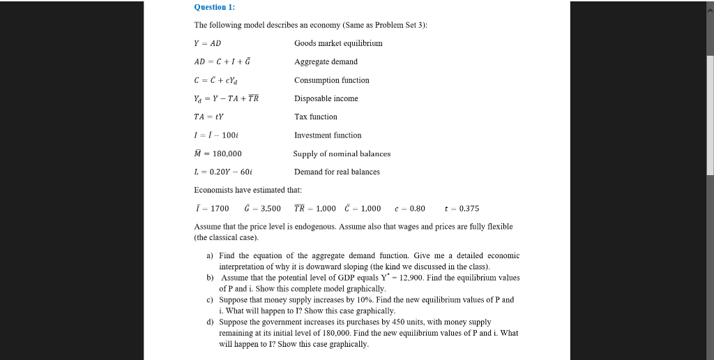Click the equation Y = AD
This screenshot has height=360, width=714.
tap(207, 43)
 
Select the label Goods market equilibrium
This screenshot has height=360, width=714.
tap(338, 43)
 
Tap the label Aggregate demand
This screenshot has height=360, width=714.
tap(326, 62)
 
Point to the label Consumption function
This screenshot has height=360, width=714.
tap(332, 80)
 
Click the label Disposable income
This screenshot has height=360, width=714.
tap(326, 98)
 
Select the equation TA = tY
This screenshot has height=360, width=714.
tap(208, 117)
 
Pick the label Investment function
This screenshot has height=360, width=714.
tap(328, 135)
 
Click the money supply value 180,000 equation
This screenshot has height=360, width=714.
tap(218, 153)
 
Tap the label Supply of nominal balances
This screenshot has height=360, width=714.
tap(342, 153)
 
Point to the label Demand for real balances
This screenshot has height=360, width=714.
tap(337, 172)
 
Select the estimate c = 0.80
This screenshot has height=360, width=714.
tap(409, 209)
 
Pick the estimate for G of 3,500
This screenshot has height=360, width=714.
tap(263, 209)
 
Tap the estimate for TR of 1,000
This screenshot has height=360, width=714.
tap(314, 209)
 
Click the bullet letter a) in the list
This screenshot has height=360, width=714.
tap(210, 256)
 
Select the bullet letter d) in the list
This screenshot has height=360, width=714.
tap(210, 322)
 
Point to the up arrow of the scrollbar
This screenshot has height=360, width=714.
tap(710, 6)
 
